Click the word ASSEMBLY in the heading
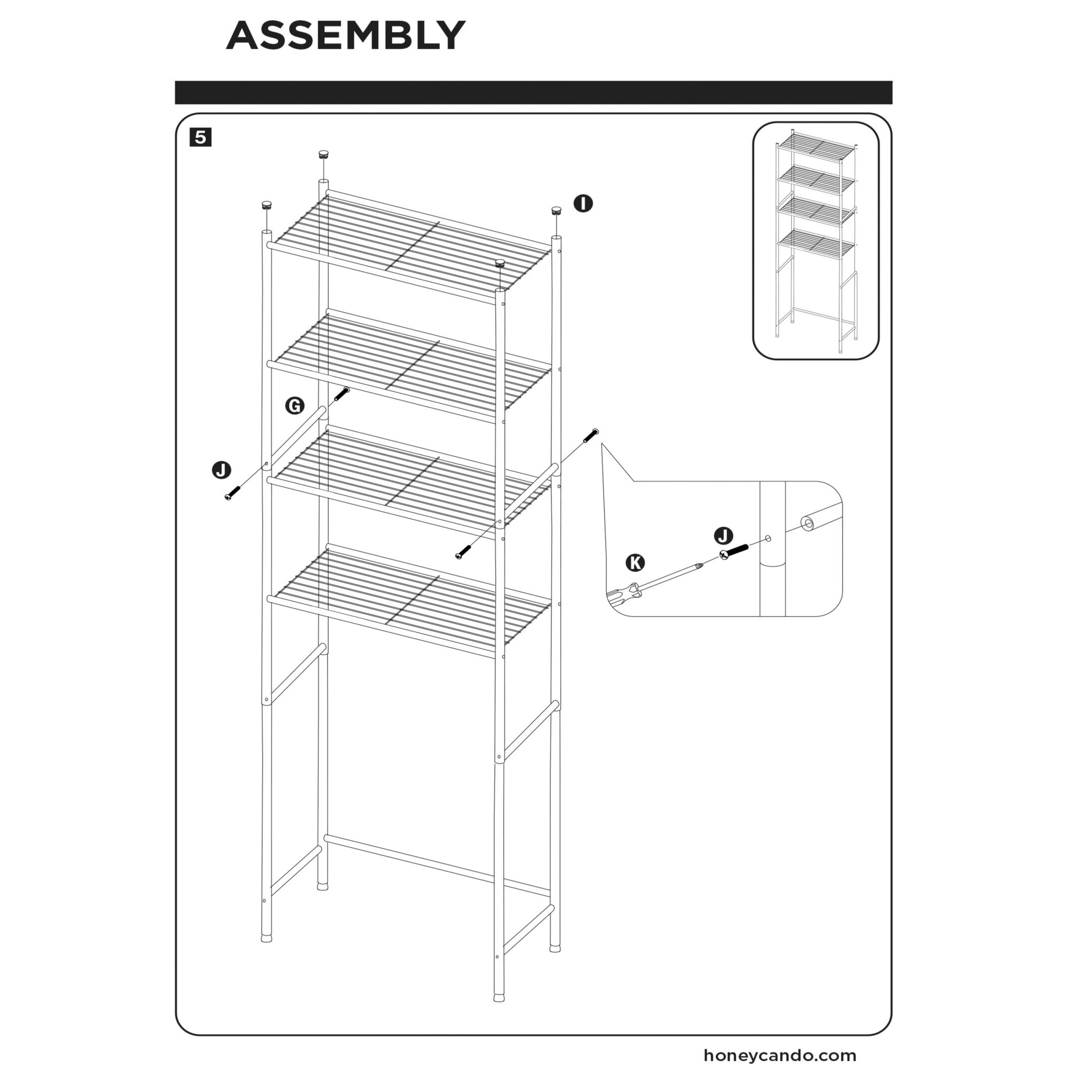[x=346, y=35]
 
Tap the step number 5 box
[x=200, y=137]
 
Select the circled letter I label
[x=583, y=204]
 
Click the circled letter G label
[x=295, y=406]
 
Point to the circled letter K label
[x=635, y=563]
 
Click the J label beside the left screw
[x=222, y=470]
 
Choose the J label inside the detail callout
[x=724, y=536]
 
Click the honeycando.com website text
[x=780, y=1055]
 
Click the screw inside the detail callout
[x=734, y=552]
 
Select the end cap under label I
[x=556, y=211]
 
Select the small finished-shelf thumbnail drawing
[x=816, y=241]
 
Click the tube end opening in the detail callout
[x=808, y=523]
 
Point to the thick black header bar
[x=533, y=92]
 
